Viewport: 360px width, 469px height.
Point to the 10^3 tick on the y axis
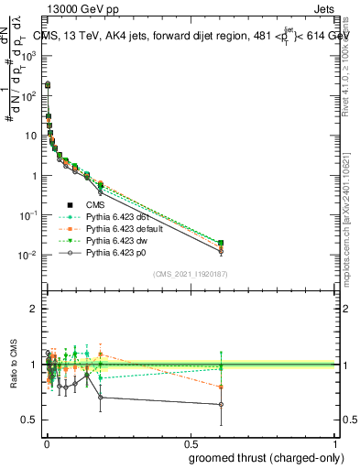coord(27,55)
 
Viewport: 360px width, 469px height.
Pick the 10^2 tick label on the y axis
coord(27,95)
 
